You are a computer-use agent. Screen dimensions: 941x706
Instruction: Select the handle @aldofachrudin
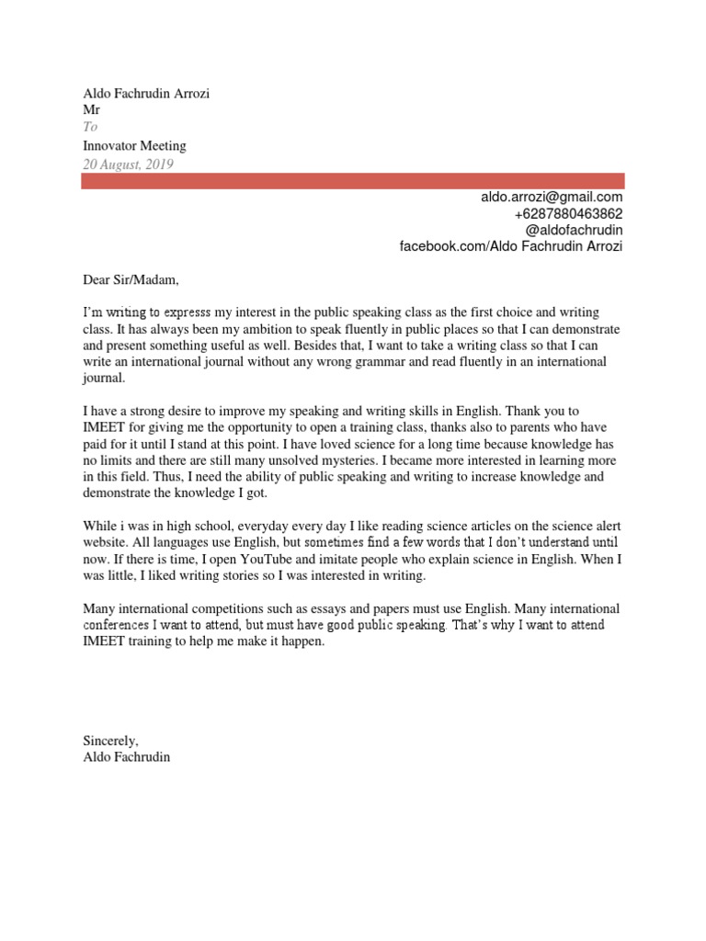(575, 230)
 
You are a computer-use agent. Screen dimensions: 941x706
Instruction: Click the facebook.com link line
(510, 246)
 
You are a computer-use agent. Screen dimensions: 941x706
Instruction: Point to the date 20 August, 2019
(128, 164)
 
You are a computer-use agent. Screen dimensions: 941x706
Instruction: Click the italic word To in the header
(90, 128)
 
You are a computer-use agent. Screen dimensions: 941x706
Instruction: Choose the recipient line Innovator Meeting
(134, 146)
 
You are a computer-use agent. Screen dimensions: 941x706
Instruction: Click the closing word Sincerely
(110, 740)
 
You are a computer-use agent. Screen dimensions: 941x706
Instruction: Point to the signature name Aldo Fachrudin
(127, 757)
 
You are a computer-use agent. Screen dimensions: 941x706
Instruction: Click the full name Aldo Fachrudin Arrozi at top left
(147, 94)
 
